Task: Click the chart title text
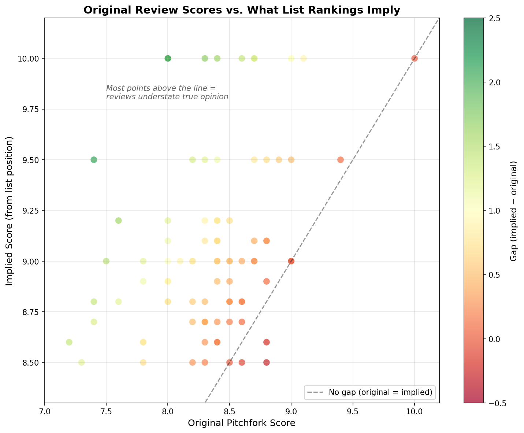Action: pyautogui.click(x=242, y=10)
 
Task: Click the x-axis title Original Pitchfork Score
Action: pyautogui.click(x=242, y=423)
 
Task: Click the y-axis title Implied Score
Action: pyautogui.click(x=10, y=211)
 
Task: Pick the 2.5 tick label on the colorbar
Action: pyautogui.click(x=493, y=18)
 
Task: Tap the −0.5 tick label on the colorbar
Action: pyautogui.click(x=495, y=403)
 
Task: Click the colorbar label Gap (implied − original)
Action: pyautogui.click(x=514, y=211)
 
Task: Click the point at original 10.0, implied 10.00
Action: pyautogui.click(x=415, y=58)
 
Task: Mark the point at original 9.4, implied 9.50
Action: pyautogui.click(x=341, y=160)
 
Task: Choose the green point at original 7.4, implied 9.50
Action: pyautogui.click(x=94, y=160)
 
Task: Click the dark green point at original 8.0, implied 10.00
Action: pyautogui.click(x=168, y=58)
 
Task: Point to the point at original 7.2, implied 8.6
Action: pyautogui.click(x=69, y=342)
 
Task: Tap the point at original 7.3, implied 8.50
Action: pyautogui.click(x=82, y=363)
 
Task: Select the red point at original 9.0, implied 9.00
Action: pyautogui.click(x=291, y=261)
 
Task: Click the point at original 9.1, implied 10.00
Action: pyautogui.click(x=304, y=58)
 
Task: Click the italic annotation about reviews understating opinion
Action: pyautogui.click(x=167, y=93)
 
